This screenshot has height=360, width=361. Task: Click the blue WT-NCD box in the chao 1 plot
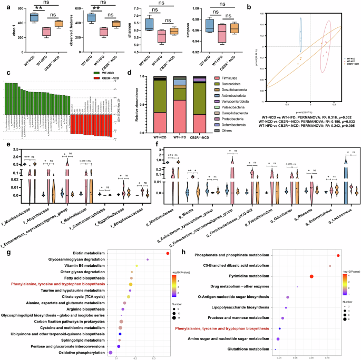tap(22, 17)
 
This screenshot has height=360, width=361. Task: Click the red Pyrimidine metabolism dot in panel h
tap(311, 276)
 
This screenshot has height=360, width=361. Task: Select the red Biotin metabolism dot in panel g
tap(167, 253)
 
